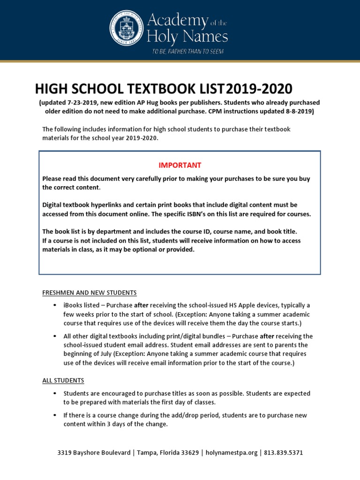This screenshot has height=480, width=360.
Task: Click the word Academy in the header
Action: [177, 21]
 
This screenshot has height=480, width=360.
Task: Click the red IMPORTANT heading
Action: [180, 165]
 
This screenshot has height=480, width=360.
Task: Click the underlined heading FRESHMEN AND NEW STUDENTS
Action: [89, 293]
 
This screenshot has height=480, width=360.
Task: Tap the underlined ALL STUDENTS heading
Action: [63, 380]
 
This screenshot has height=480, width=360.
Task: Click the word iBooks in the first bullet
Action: [73, 306]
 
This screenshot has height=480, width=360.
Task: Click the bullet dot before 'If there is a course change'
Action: [55, 416]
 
